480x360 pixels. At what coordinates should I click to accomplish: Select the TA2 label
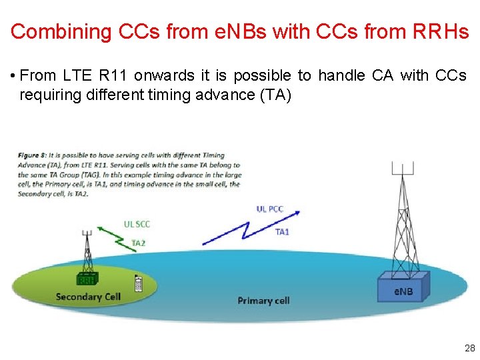(139, 243)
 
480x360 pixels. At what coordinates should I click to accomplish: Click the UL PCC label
(270, 209)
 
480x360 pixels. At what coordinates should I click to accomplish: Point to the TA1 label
(282, 232)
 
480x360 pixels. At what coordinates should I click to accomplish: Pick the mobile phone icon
(139, 283)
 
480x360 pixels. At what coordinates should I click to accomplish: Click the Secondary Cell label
(87, 297)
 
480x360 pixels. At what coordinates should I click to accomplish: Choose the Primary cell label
(263, 301)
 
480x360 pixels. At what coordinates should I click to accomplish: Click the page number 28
(469, 348)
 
